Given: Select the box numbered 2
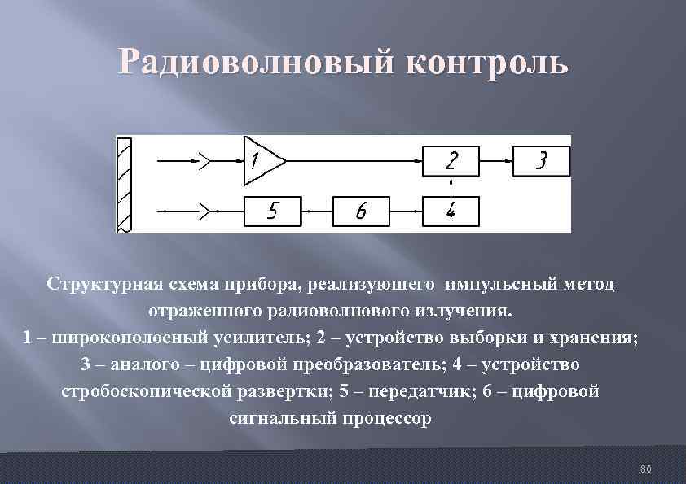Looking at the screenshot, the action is (451, 161).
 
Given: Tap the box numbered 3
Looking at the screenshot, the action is (541, 161).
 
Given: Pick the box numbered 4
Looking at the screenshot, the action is (451, 211).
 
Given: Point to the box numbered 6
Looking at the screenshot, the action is (361, 211).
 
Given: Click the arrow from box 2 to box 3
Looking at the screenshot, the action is (495, 161).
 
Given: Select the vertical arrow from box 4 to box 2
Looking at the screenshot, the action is (451, 186).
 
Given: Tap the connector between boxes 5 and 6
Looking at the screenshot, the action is (317, 211).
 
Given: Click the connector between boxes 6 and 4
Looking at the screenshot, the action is (406, 211).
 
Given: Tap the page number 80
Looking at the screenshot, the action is (646, 469).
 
